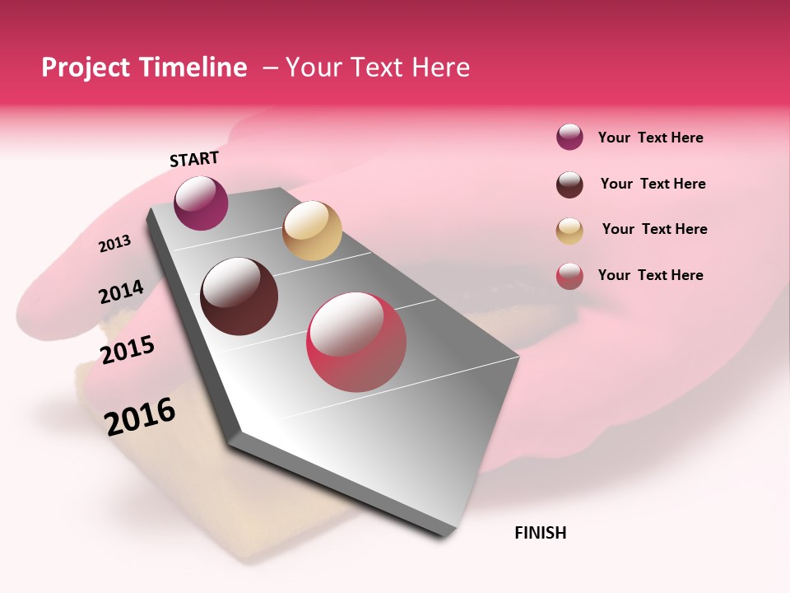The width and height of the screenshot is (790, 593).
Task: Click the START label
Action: pos(194,159)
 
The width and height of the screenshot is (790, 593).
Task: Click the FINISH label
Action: pos(541,533)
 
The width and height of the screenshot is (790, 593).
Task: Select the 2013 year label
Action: pos(114,243)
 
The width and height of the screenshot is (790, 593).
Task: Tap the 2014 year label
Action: pos(121,292)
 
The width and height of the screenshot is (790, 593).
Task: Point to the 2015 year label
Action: pos(128,350)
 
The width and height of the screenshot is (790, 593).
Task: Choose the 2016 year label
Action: pos(140,416)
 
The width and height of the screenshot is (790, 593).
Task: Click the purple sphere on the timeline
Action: pos(201,203)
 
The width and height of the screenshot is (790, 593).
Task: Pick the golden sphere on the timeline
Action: pos(312,231)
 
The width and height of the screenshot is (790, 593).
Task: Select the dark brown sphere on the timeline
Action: pos(239,296)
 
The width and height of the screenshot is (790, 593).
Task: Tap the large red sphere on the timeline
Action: pos(356,342)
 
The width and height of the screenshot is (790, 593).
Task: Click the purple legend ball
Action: pos(569,137)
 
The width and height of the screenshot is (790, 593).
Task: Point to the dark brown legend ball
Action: pos(569,184)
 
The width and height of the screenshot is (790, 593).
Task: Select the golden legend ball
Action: pos(569,231)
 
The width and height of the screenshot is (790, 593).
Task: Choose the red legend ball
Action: pos(569,276)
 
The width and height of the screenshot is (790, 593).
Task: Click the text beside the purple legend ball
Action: pos(650,138)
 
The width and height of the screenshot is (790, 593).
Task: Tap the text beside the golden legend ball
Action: pos(654,229)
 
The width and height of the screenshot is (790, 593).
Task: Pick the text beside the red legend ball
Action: pos(650,275)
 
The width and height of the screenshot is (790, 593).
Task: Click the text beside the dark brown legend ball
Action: pos(653,184)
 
